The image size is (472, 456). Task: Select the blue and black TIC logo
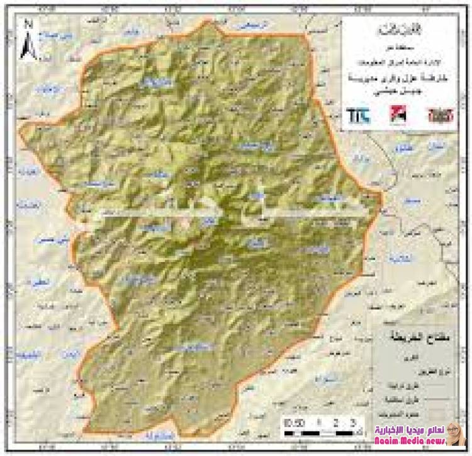pos(358,115)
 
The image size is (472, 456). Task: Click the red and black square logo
pos(398,114)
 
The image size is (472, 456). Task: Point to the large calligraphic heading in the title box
pos(400,31)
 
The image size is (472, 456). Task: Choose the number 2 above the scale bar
pos(337,423)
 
